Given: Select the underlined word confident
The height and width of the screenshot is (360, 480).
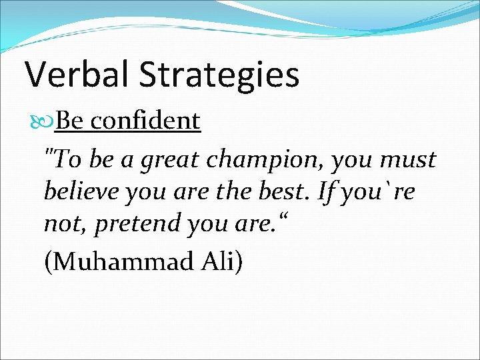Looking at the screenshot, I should [145, 121].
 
